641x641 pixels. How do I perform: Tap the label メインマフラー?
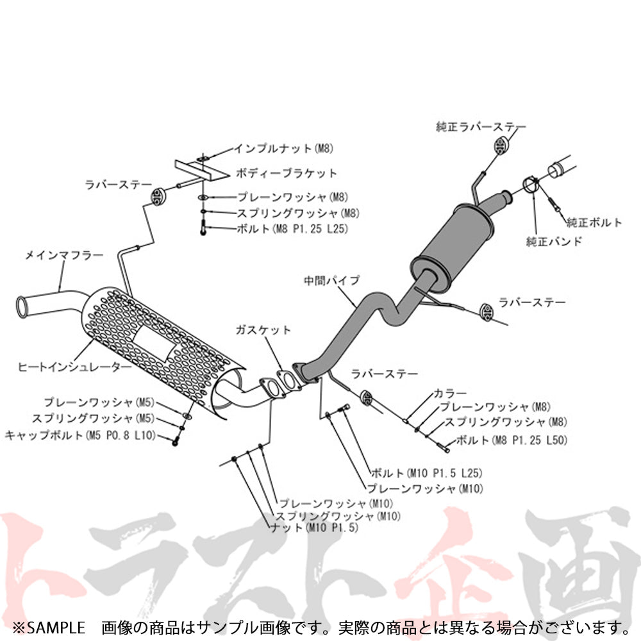pos(63,255)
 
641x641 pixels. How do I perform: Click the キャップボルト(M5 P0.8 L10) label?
pos(80,435)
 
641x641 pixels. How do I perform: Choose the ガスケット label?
pos(263,330)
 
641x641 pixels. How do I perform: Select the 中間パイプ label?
pos(332,280)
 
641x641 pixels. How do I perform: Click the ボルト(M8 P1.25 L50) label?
pos(503,440)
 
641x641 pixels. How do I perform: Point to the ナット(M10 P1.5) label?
pos(314,528)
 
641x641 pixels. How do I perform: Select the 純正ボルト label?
pos(594,223)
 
